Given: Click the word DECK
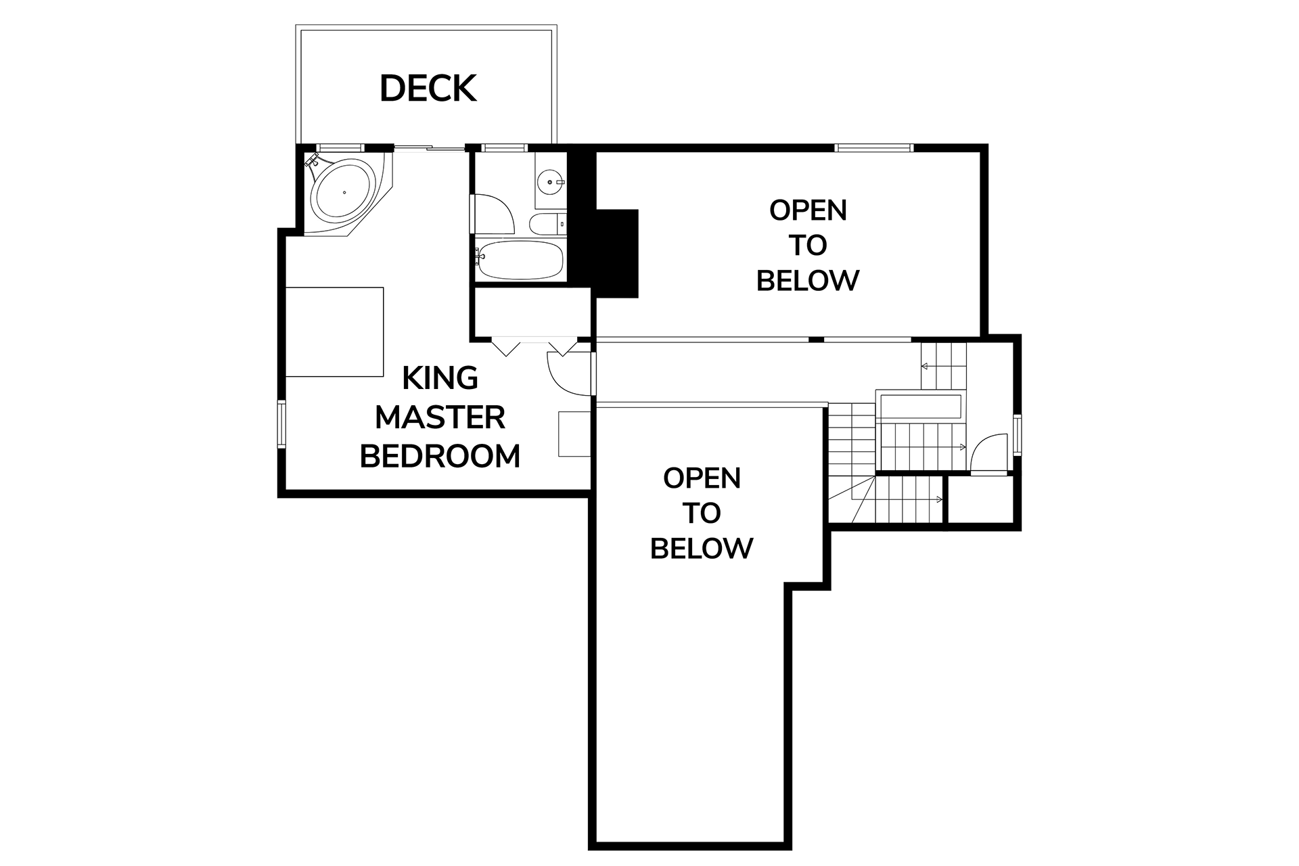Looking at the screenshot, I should coord(428,89).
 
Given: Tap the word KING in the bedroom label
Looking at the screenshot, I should coord(440,378).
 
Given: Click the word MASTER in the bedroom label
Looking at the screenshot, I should coord(440,417).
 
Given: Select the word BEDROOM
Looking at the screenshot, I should coord(440,457).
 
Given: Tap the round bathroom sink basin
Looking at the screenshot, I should coord(549,181).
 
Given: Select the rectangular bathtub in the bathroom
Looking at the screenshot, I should coord(520,260).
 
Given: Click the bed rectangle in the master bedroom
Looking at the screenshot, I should coord(334,332).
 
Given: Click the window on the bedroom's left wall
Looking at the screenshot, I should coord(282,424).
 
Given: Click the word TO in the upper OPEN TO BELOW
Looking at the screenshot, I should coord(807,246).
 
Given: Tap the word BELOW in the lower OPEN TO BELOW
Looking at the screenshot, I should coord(701,548).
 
